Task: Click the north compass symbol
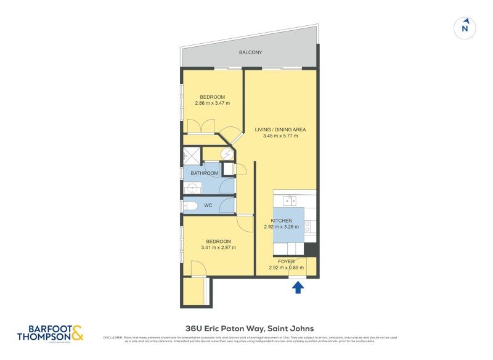(466, 27)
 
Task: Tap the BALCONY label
(250, 52)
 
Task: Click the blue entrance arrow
(298, 287)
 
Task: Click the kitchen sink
(290, 200)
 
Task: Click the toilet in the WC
(190, 206)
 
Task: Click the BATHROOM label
(204, 174)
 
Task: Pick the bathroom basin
(192, 187)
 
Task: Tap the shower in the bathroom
(192, 155)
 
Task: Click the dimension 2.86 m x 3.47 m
(211, 103)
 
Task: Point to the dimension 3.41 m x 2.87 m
(218, 248)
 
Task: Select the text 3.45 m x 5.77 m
(280, 136)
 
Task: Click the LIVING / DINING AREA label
(280, 129)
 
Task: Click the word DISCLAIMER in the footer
(113, 338)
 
